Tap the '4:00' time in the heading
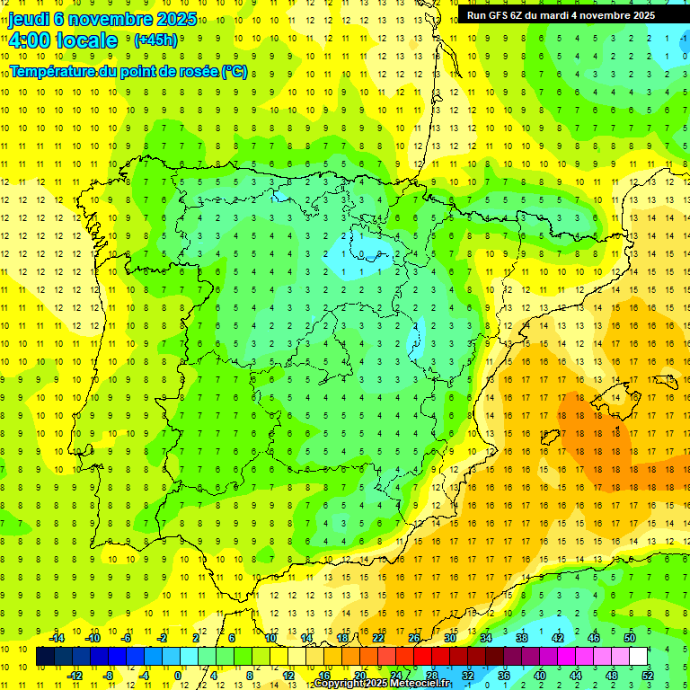(x=28, y=40)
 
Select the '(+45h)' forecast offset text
(x=155, y=40)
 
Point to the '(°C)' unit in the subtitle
(x=234, y=72)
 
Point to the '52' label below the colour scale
(x=648, y=676)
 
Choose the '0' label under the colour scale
(x=179, y=676)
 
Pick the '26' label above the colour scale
(x=413, y=638)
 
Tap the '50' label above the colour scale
(x=629, y=638)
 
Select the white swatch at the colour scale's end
(x=639, y=657)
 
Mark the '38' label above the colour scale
(x=521, y=638)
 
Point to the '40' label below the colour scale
(x=539, y=676)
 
